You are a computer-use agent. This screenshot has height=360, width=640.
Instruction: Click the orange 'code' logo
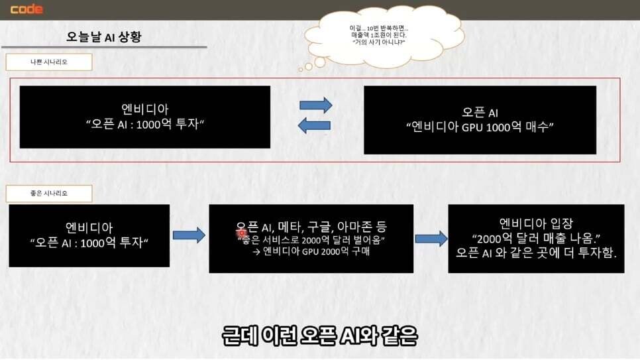(27, 9)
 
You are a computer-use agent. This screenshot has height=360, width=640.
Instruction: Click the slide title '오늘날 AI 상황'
(103, 36)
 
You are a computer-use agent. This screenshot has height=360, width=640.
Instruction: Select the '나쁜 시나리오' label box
(49, 62)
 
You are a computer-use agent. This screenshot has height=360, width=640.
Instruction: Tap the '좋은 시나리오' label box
(49, 194)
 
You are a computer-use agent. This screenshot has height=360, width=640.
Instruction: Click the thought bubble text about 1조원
(379, 35)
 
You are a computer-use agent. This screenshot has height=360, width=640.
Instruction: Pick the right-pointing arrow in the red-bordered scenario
(315, 105)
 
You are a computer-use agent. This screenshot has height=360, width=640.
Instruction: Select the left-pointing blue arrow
(314, 125)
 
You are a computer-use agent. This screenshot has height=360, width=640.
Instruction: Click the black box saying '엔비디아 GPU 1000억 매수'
(480, 120)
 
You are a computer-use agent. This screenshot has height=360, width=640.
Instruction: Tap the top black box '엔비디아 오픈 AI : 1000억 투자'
(145, 117)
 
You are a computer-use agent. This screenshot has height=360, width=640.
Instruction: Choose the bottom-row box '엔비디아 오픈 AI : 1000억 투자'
(89, 236)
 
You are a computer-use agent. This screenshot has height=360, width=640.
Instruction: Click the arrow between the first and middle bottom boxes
(189, 235)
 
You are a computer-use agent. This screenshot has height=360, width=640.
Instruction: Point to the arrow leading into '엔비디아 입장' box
(431, 239)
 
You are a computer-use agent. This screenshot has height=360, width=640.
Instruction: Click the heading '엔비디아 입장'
(537, 223)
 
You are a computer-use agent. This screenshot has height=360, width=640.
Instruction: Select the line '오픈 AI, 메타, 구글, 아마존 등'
(311, 226)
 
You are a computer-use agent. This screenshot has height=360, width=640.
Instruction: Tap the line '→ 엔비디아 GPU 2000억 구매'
(311, 251)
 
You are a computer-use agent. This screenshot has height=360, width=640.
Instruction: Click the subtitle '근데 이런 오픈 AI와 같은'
(320, 336)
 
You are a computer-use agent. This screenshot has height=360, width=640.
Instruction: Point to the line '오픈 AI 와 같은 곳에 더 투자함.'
(536, 253)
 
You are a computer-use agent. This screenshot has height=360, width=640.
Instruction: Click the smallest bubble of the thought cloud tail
(301, 70)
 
